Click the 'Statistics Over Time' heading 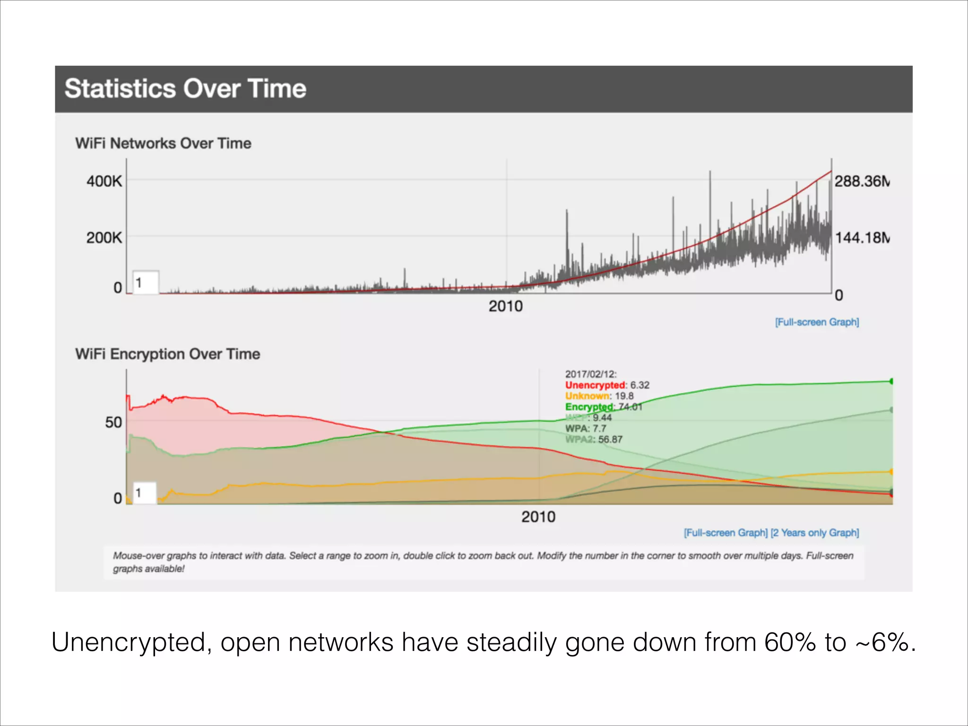tap(185, 89)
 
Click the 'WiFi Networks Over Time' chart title tap(163, 143)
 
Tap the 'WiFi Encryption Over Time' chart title tap(167, 354)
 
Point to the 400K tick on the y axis tap(104, 181)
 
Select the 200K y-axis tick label tap(104, 237)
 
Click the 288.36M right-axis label tap(861, 181)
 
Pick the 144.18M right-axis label tap(861, 237)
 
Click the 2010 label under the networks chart tap(505, 306)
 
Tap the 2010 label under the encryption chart tap(538, 517)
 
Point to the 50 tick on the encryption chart tap(113, 422)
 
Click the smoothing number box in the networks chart tap(146, 283)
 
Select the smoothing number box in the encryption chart tap(144, 493)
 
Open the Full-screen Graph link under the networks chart tap(817, 322)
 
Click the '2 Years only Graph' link tap(815, 533)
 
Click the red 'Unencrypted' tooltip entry tap(595, 385)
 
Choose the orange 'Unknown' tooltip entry tap(587, 396)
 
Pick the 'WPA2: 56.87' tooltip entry tap(594, 440)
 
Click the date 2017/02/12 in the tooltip tap(590, 374)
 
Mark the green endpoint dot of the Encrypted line tap(891, 381)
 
